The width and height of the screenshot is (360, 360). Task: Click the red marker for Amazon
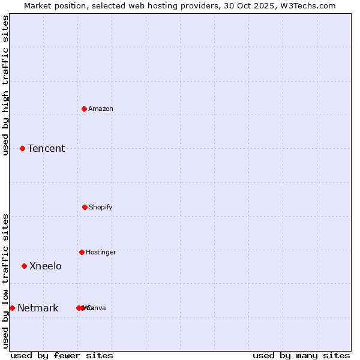[x=85, y=109]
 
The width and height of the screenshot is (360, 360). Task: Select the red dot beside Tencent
[x=22, y=148]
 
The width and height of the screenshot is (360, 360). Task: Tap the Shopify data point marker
[x=85, y=207]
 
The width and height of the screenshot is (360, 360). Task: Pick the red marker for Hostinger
[x=82, y=252]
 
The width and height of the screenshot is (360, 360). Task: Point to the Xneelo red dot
[x=24, y=266]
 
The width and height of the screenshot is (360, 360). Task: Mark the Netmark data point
[x=12, y=308]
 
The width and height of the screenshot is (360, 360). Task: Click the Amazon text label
[x=101, y=109]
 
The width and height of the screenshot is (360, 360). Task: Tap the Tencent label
[x=46, y=148]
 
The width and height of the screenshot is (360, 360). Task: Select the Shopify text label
[x=101, y=207]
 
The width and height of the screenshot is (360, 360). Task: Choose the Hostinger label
[x=101, y=252]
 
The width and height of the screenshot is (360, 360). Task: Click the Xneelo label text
[x=46, y=266]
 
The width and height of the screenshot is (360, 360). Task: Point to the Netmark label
[x=38, y=308]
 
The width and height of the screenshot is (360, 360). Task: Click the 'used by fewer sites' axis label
[x=62, y=355]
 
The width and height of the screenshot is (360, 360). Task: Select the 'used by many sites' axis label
[x=301, y=355]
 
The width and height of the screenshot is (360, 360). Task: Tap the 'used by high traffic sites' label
[x=5, y=85]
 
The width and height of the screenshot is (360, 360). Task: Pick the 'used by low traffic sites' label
[x=5, y=281]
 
